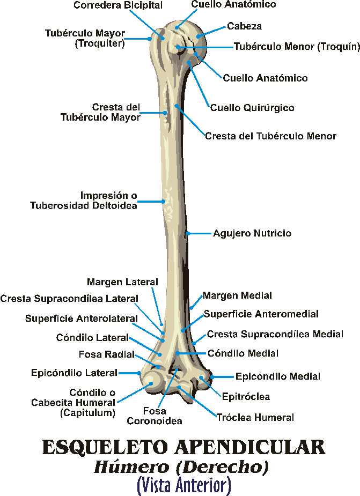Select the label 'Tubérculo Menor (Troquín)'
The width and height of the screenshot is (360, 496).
pos(296,47)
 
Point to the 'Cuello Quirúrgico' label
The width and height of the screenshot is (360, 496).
pos(252,108)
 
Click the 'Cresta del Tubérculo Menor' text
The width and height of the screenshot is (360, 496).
pos(270,136)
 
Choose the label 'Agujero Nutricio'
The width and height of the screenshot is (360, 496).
pos(252,233)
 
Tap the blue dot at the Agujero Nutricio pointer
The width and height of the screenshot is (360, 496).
pos(188,233)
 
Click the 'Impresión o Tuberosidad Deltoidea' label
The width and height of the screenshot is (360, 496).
pos(108,200)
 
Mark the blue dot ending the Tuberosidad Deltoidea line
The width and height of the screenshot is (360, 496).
pos(164,202)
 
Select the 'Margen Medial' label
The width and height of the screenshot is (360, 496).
pos(237,295)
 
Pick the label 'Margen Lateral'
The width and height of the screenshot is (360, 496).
pos(122,282)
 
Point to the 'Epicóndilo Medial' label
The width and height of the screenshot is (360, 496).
pos(278,376)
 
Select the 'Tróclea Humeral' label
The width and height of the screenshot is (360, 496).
pos(255,417)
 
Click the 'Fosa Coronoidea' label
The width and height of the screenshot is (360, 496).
pos(154,416)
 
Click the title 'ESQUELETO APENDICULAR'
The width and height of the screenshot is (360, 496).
pos(183,447)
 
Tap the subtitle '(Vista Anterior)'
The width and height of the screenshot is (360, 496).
pos(183,486)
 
